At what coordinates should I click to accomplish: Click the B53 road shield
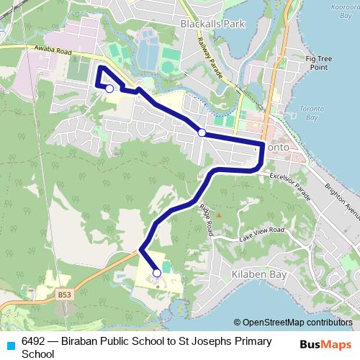click(66, 294)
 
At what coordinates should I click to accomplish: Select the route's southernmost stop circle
click(157, 273)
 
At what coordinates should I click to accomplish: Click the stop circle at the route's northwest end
click(109, 89)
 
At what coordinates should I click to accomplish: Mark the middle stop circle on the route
click(202, 132)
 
